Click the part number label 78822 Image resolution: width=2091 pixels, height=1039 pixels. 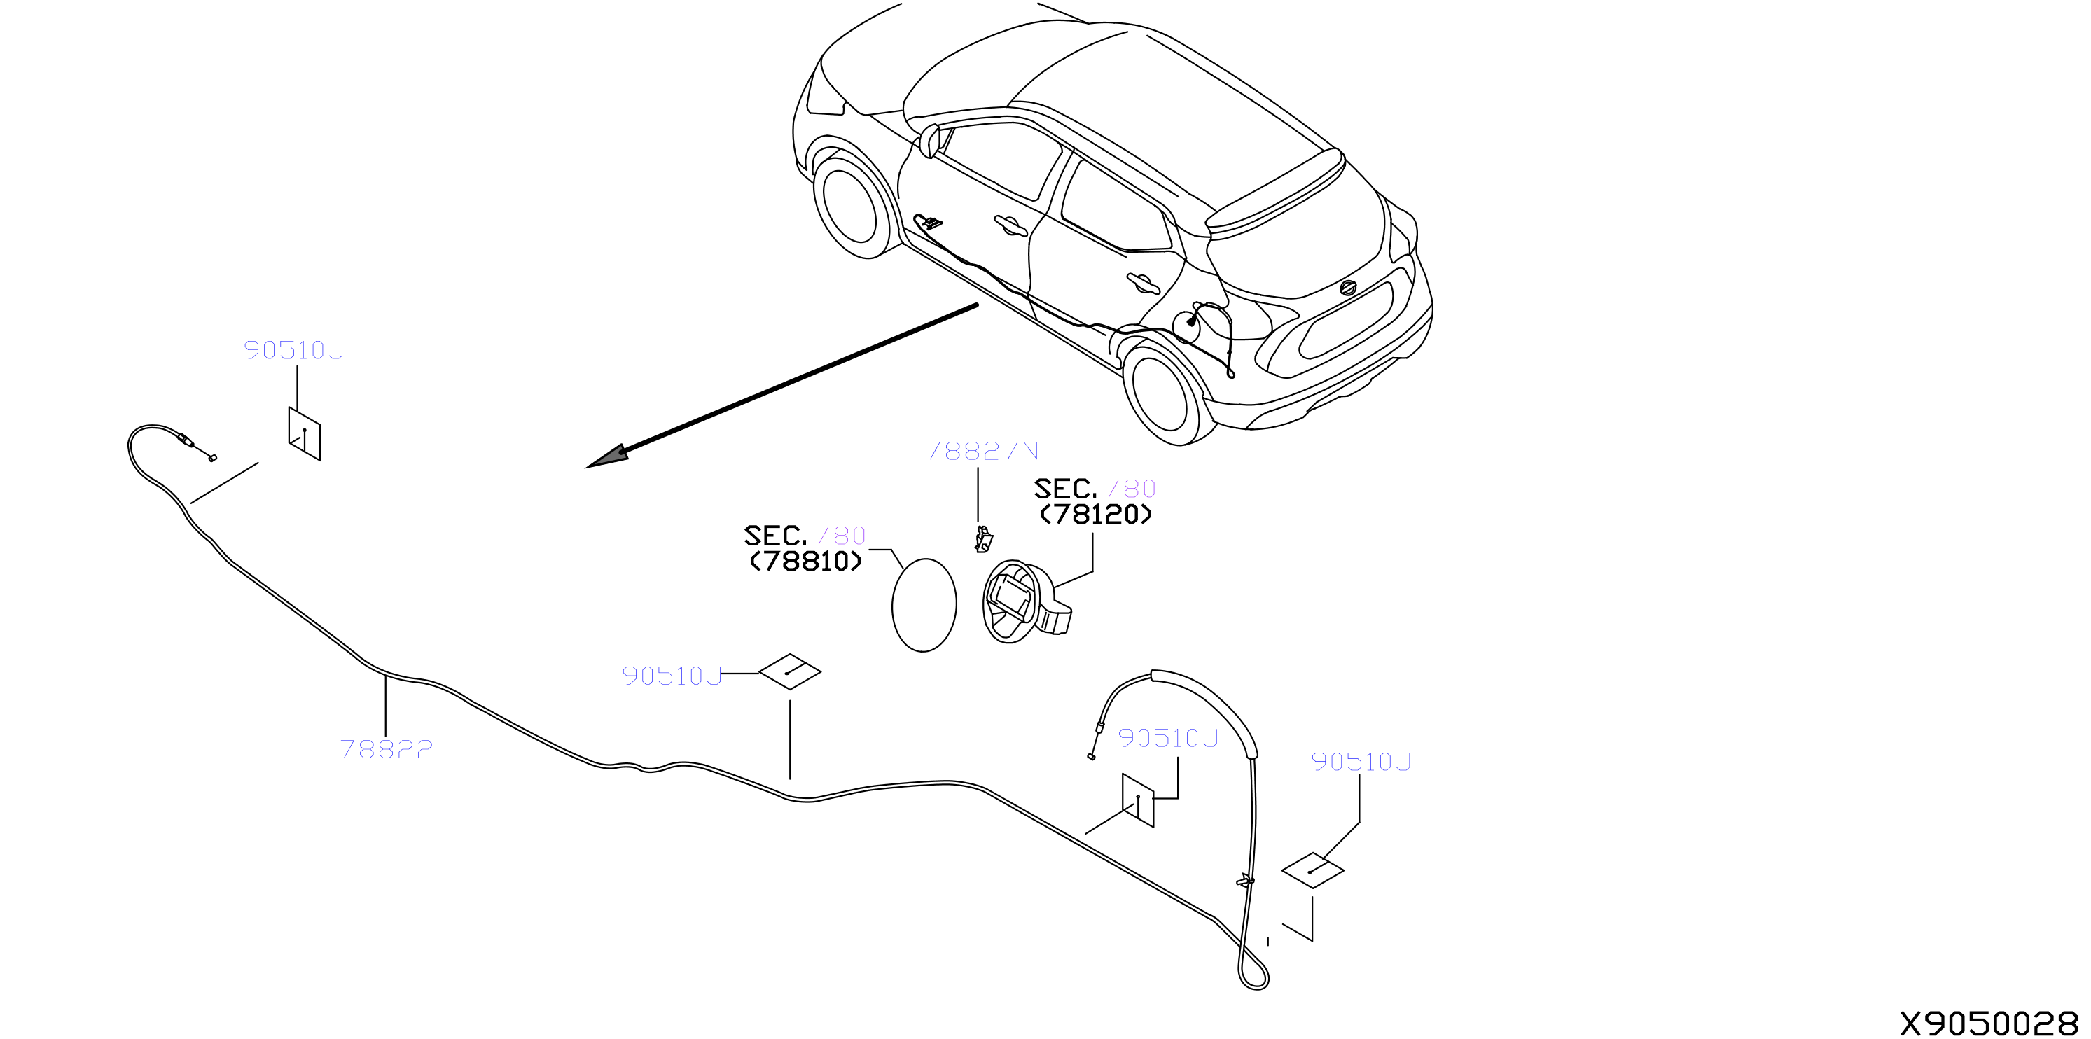click(387, 749)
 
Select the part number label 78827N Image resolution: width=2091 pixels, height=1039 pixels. click(982, 452)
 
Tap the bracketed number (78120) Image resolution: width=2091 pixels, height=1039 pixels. click(1096, 515)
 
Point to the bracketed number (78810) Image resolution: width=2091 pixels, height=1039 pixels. click(805, 562)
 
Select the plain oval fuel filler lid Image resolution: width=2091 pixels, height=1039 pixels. click(924, 605)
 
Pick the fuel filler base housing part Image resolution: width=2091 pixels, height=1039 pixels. click(1026, 601)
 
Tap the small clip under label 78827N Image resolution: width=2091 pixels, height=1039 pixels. click(984, 540)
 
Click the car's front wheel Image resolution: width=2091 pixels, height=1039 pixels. click(852, 206)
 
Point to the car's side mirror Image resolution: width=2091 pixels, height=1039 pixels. click(929, 141)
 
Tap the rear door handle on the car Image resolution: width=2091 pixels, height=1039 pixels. click(1143, 282)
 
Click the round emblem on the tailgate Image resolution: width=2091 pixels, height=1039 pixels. click(1348, 287)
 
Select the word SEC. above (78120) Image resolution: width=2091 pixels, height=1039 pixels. click(1066, 489)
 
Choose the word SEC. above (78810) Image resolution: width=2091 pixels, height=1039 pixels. click(775, 536)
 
